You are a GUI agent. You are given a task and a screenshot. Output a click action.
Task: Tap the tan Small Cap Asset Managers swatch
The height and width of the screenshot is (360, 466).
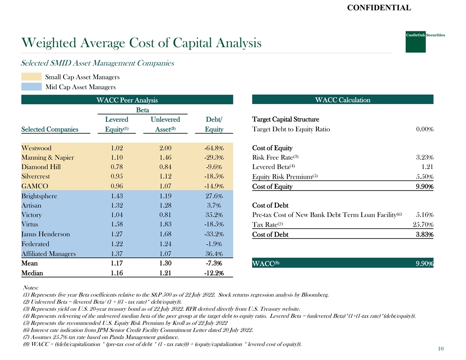point(31,77)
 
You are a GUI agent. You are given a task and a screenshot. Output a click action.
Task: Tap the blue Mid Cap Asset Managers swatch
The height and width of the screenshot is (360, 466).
point(31,87)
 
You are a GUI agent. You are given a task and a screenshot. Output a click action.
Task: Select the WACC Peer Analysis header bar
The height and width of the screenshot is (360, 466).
point(127,100)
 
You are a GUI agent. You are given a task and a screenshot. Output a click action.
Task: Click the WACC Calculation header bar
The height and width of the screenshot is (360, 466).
point(342,100)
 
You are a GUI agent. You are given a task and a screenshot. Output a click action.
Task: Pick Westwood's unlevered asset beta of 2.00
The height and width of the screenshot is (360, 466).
point(165,148)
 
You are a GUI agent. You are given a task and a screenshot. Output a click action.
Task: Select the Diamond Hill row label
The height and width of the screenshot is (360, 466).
point(41,167)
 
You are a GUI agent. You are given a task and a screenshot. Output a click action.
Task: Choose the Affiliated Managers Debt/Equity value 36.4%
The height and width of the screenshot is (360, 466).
point(214,254)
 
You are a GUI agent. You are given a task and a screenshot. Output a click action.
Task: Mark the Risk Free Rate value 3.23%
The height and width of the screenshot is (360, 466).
point(424,157)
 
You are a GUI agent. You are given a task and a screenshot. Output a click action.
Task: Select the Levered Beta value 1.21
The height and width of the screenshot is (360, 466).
point(427,167)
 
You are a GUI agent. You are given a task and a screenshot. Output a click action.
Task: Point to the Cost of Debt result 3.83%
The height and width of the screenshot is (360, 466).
point(424,235)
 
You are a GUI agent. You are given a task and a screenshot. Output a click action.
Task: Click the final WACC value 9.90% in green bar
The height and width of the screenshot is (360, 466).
point(424,264)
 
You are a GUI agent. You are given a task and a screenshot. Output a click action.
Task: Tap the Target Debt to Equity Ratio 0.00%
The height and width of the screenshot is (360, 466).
point(424,129)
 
